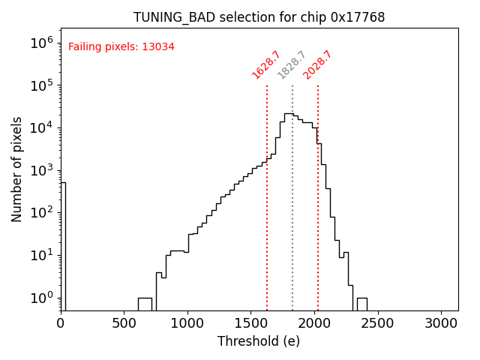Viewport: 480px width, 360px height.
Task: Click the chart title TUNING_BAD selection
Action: [259, 17]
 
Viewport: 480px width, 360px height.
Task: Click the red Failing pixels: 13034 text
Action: [121, 46]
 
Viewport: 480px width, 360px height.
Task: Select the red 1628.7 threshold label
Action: [266, 64]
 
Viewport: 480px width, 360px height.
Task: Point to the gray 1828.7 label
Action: [292, 64]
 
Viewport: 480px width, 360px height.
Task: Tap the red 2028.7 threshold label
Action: [317, 64]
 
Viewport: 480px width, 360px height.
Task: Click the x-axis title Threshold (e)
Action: [259, 341]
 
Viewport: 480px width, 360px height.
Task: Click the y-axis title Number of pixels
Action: [17, 169]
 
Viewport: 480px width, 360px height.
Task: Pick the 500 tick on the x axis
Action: [124, 323]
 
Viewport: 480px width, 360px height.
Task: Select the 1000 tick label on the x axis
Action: [187, 323]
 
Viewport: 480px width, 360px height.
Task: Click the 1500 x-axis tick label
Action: [250, 323]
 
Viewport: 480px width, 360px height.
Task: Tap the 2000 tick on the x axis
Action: [314, 323]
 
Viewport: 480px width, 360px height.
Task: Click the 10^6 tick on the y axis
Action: [41, 43]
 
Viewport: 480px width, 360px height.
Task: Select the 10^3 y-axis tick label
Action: [41, 170]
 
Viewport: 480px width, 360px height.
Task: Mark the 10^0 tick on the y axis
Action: [41, 298]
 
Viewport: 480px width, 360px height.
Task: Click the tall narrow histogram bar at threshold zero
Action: [63, 247]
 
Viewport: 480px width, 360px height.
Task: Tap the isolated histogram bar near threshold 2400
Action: [361, 304]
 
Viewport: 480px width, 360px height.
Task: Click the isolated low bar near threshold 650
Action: [145, 304]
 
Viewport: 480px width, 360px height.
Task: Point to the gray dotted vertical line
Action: [292, 225]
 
